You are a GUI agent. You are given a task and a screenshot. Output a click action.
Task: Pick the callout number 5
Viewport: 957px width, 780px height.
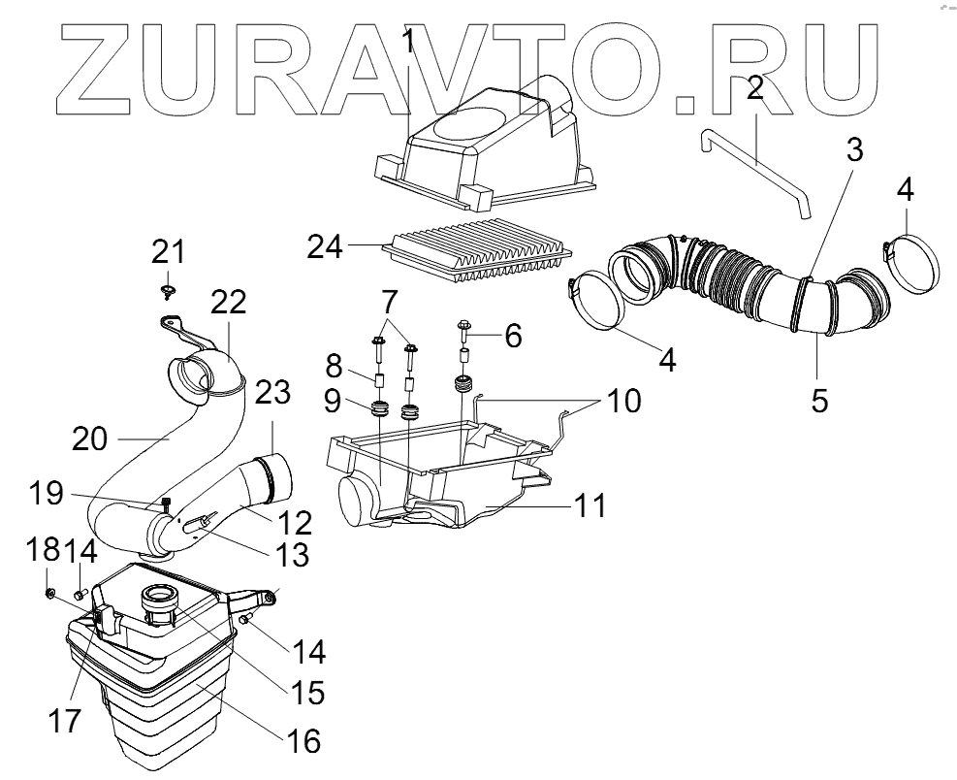click(x=819, y=399)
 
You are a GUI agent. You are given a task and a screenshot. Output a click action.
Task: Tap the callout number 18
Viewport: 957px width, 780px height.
click(x=43, y=552)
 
